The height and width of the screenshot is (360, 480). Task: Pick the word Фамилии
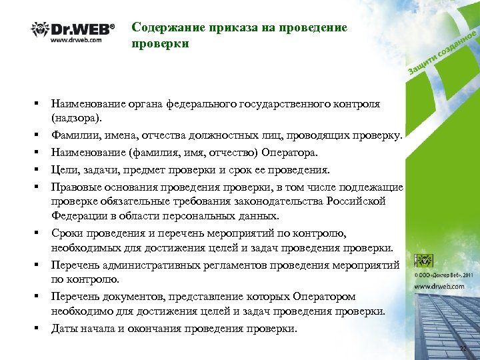pos(73,136)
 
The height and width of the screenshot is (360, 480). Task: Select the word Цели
pos(65,170)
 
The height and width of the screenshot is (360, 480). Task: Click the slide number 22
pos(464,350)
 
